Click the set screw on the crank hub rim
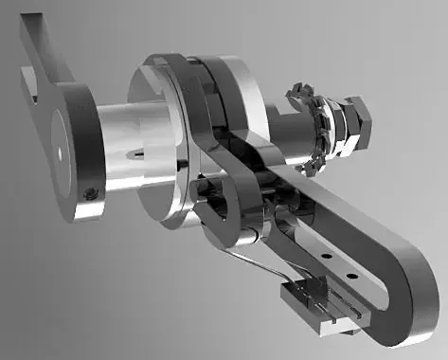pyautogui.click(x=90, y=193)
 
